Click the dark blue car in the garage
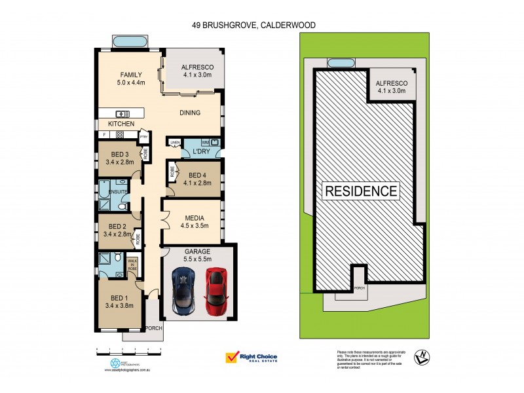[183, 291]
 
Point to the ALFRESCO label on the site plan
[391, 83]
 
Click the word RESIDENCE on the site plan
[360, 191]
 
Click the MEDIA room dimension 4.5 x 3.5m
[194, 226]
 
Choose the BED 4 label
[198, 176]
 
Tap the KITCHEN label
[122, 124]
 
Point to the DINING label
[190, 113]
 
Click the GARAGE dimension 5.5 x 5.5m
[198, 260]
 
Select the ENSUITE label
[111, 192]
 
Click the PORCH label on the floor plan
[153, 328]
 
